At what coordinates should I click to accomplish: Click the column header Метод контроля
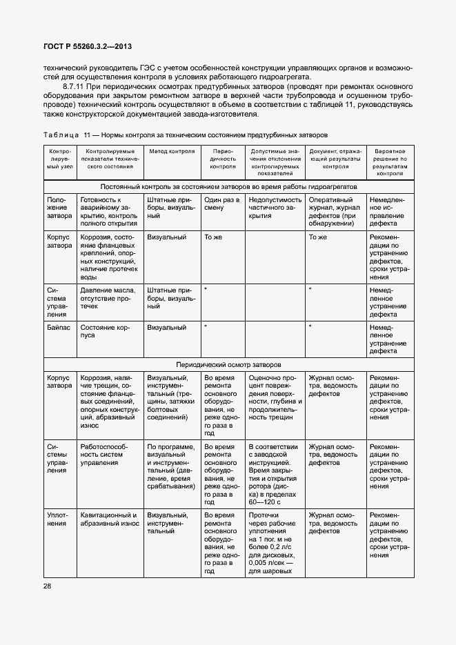coord(171,150)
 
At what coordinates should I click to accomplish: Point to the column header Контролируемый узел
coord(59,158)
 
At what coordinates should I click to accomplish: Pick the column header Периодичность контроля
coord(223,158)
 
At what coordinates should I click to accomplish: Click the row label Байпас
coord(57,327)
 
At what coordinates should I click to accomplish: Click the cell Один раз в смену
coord(222,204)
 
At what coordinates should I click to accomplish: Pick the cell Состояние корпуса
coord(104,331)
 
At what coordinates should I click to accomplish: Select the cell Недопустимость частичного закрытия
coord(272,208)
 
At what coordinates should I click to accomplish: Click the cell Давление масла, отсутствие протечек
coord(108,297)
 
